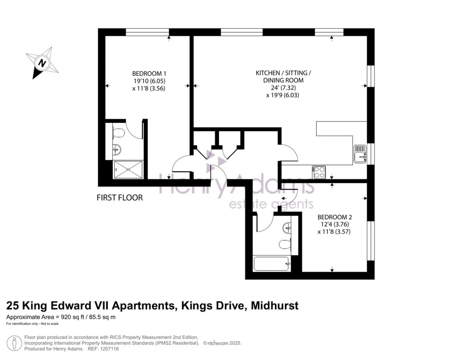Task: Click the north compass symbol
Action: pos(43,63)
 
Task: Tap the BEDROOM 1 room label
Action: pos(149,74)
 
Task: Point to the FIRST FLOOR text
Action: pos(119,198)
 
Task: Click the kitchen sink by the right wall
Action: pos(361,154)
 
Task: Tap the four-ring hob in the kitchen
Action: pos(319,172)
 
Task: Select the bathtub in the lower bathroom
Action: pos(271,264)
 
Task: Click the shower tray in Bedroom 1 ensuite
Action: pos(128,169)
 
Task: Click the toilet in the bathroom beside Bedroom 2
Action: pos(284,244)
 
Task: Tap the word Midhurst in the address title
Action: pos(274,305)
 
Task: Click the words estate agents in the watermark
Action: pos(272,204)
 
